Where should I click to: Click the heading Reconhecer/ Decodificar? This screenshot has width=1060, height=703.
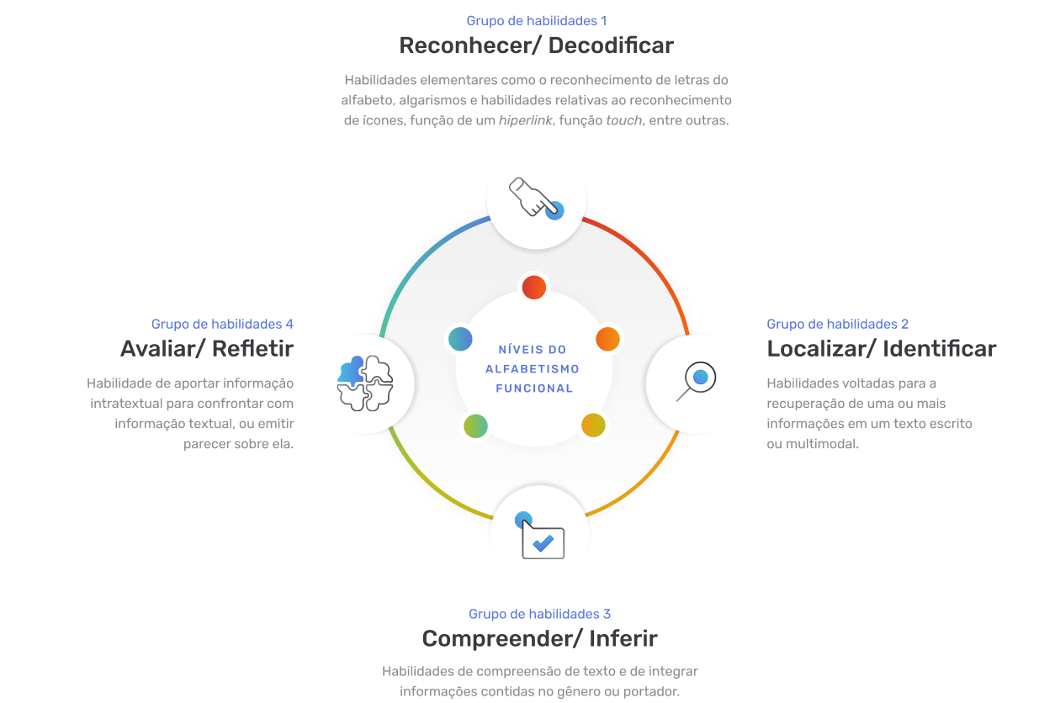536,45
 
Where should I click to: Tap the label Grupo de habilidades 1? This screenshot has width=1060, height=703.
537,21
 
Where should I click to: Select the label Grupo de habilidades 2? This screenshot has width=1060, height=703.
838,324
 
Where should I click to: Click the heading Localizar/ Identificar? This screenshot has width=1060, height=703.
882,349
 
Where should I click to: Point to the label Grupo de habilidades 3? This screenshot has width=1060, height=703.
539,614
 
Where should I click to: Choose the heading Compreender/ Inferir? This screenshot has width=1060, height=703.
539,638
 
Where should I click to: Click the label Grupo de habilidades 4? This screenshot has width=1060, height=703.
222,324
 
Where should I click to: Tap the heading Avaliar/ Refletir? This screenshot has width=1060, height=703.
207,349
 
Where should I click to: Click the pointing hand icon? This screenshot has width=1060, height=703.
537,198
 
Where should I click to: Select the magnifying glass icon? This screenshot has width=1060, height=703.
696,381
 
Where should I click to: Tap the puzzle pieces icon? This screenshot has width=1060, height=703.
365,383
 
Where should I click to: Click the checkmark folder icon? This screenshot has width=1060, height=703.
539,535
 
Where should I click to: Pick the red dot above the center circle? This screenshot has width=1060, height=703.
533,287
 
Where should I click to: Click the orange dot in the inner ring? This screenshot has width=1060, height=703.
607,339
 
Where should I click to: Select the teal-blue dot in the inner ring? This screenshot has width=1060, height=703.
460,339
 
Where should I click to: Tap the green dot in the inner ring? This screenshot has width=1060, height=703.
475,426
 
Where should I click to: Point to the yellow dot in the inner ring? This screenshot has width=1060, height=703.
593,425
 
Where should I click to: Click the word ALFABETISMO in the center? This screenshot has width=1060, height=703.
533,369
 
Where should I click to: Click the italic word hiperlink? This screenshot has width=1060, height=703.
525,120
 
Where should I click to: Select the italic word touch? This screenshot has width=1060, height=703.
623,120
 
